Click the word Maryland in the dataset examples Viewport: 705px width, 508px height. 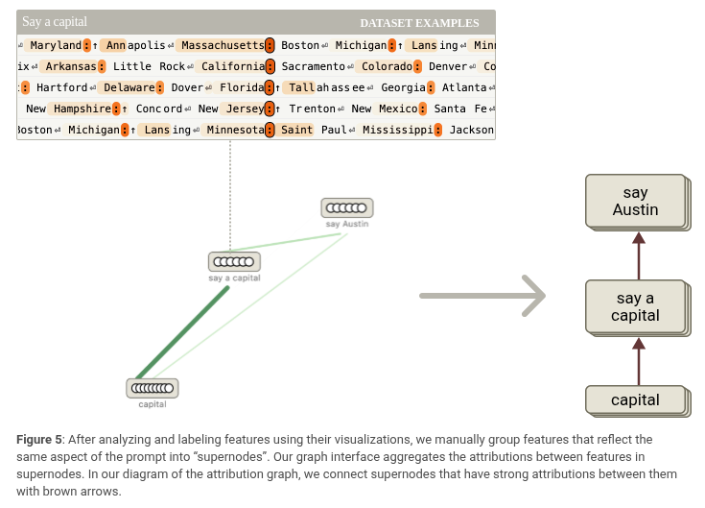tap(55, 45)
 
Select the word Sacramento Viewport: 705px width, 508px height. tap(312, 66)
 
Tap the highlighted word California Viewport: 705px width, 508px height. tap(232, 66)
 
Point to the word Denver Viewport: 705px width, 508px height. tap(448, 66)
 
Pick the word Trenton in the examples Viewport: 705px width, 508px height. tap(313, 109)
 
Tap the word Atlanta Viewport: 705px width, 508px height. tap(464, 87)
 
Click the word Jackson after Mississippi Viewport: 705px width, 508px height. tap(472, 130)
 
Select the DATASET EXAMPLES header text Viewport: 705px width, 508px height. tap(419, 23)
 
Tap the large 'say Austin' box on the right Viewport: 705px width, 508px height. tap(635, 201)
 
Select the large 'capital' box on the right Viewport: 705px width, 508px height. tap(635, 399)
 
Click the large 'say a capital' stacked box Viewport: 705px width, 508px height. tap(635, 306)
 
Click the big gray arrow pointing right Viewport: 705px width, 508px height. tap(482, 295)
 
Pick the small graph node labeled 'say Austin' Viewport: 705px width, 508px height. tap(346, 207)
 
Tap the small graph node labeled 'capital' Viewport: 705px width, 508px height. tap(153, 388)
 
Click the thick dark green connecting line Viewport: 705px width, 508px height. tap(182, 332)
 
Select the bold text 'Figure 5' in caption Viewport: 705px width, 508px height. tap(39, 440)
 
